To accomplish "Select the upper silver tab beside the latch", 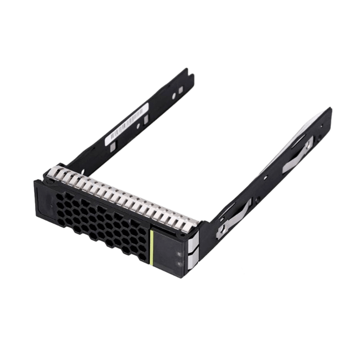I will coord(193,240).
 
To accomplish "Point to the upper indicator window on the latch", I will coord(178,252).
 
